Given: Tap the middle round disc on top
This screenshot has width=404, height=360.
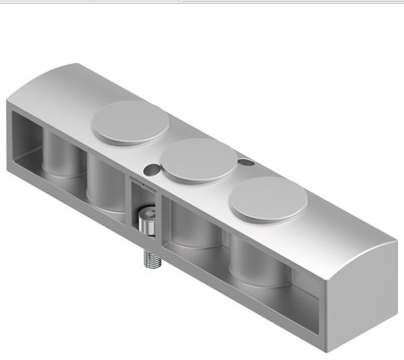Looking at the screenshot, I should pyautogui.click(x=199, y=160).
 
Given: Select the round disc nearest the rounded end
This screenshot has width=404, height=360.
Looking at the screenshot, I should pyautogui.click(x=268, y=199).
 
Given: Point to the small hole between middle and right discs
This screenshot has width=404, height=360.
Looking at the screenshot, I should pyautogui.click(x=245, y=162).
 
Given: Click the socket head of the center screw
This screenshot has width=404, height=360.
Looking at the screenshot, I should pyautogui.click(x=146, y=225).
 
